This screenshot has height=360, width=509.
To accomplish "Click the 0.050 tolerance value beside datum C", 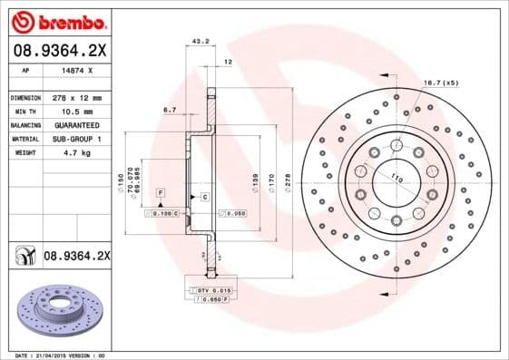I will (235, 212).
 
